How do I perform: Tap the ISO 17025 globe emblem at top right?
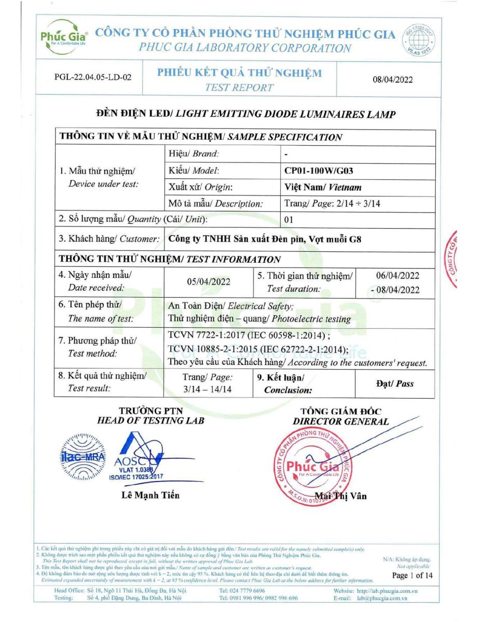click(x=421, y=39)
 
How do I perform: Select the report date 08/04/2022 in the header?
click(x=393, y=79)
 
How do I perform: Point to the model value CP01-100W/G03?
click(x=319, y=170)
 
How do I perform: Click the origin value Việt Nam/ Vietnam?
click(x=323, y=187)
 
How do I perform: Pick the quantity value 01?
click(x=289, y=220)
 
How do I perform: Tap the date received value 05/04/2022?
click(x=209, y=281)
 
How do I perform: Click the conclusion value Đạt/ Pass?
click(x=394, y=384)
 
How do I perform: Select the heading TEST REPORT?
click(x=239, y=88)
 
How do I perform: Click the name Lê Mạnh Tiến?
click(x=150, y=495)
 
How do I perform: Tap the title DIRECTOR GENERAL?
click(x=340, y=421)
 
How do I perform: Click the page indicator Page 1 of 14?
click(x=412, y=575)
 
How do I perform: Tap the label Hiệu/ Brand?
click(x=194, y=153)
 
